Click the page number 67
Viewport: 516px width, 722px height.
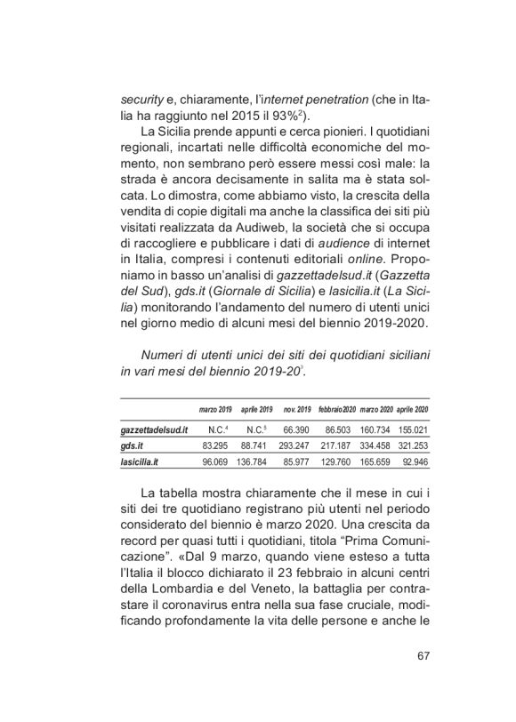click(423, 657)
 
